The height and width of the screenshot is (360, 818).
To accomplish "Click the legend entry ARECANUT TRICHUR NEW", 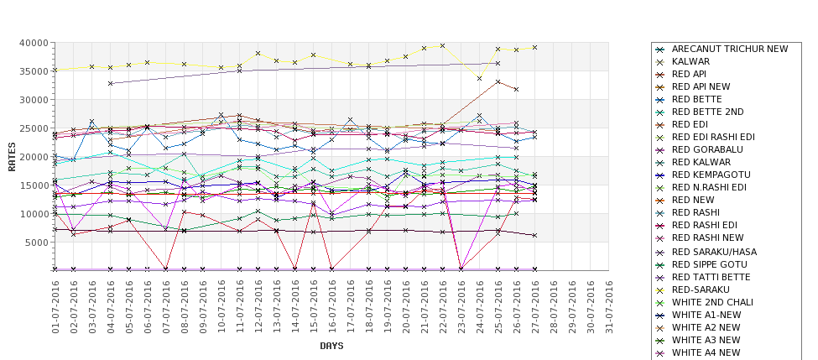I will pyautogui.click(x=730, y=50).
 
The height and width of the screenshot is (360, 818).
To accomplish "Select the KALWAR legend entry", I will pyautogui.click(x=690, y=62).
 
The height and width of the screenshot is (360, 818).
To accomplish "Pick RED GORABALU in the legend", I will pyautogui.click(x=706, y=150).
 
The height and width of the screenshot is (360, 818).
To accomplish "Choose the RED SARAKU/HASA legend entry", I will pyautogui.click(x=714, y=252).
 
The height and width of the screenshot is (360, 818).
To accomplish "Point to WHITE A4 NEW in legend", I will pyautogui.click(x=706, y=352).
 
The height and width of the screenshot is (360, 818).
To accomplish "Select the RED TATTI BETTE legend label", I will pyautogui.click(x=711, y=277).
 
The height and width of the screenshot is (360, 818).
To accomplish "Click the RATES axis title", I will pyautogui.click(x=12, y=156).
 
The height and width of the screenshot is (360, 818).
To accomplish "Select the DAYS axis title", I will pyautogui.click(x=332, y=346).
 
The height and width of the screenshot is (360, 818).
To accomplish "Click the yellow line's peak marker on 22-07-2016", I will pyautogui.click(x=443, y=46).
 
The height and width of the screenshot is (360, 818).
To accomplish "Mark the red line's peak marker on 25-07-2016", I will pyautogui.click(x=498, y=82).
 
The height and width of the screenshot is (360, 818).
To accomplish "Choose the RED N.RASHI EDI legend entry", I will pyautogui.click(x=709, y=188).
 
